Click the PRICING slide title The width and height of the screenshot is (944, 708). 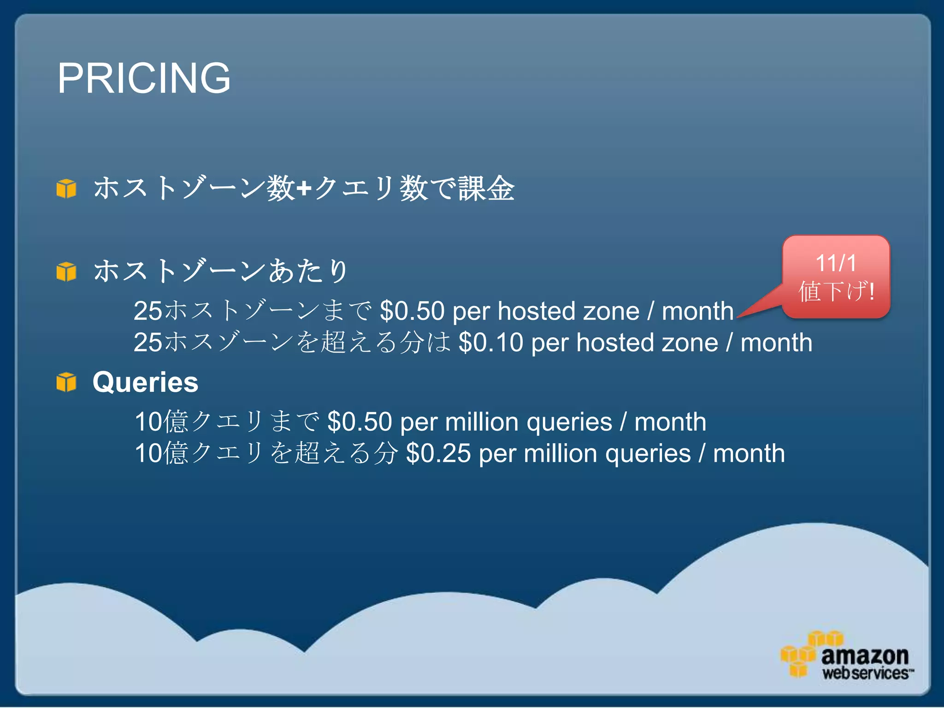(144, 78)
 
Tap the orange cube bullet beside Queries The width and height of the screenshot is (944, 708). (66, 382)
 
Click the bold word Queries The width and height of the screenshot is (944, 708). (145, 382)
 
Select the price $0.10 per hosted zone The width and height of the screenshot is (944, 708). (490, 343)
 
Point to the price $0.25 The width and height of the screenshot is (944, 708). (438, 453)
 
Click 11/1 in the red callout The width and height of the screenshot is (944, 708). (836, 263)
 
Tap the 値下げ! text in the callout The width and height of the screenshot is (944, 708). (836, 292)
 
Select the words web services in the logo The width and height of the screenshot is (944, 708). (865, 673)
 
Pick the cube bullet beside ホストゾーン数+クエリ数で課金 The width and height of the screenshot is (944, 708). (66, 189)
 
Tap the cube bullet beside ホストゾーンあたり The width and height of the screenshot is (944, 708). (66, 271)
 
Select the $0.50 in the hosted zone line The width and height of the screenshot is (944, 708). (412, 311)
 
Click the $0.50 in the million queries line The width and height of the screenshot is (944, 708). (359, 422)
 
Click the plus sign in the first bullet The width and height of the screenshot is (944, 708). (304, 189)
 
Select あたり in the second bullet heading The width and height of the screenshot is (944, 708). (307, 271)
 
